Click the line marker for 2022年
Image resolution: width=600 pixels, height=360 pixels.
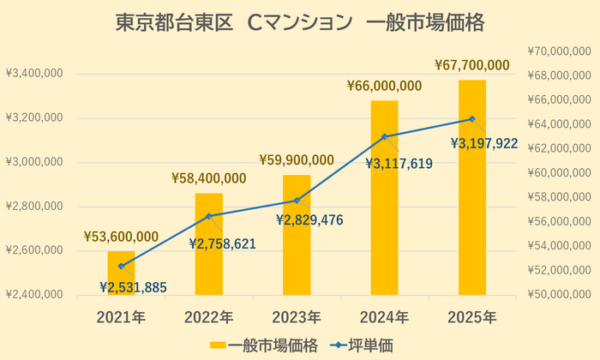(208, 216)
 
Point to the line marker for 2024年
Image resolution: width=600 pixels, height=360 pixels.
(384, 136)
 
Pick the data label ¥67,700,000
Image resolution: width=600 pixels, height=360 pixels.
(472, 64)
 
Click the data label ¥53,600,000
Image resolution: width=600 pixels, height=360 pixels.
(121, 237)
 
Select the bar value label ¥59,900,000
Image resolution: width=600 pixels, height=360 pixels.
(297, 159)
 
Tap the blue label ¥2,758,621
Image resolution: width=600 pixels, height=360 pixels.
(223, 243)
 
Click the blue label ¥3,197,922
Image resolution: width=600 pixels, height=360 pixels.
(485, 143)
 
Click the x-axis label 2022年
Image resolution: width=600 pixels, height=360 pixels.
(208, 316)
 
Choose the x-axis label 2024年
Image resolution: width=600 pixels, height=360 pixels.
(384, 316)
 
